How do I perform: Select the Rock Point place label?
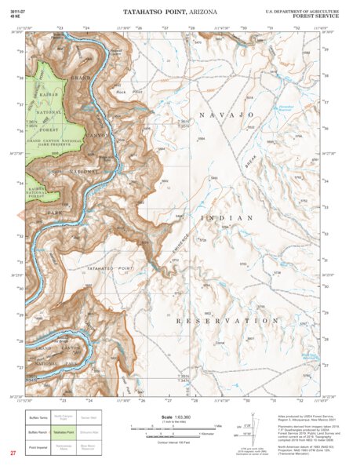[121, 92]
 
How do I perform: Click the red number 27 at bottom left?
[13, 453]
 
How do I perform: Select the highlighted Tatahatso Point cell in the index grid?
[64, 432]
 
